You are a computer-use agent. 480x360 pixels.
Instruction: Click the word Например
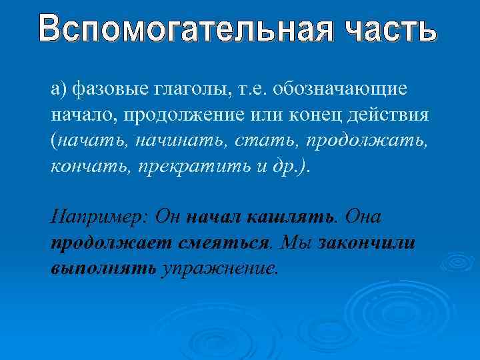[x=99, y=217]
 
